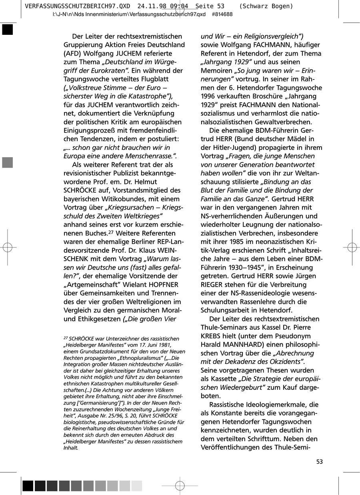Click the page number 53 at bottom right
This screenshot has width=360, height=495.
click(x=319, y=462)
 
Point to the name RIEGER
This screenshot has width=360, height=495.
click(x=213, y=285)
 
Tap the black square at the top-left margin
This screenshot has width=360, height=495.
click(x=7, y=30)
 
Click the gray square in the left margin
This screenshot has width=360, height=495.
click(x=7, y=162)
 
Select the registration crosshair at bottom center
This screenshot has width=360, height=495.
click(x=180, y=486)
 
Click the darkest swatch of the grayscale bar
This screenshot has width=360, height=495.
click(x=28, y=486)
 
